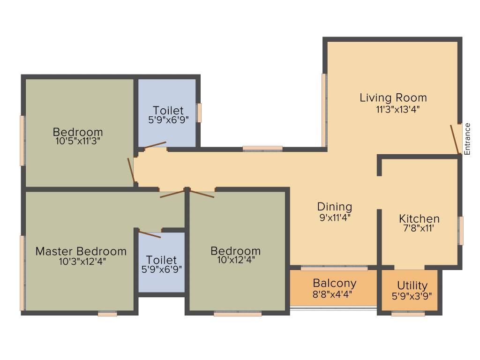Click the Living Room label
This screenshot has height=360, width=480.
(x=393, y=97)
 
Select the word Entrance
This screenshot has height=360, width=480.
(x=467, y=139)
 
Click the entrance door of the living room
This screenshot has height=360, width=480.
(x=455, y=139)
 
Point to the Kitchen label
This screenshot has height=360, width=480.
(x=419, y=218)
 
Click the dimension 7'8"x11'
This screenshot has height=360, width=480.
(x=419, y=230)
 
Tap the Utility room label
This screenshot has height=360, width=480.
(x=412, y=285)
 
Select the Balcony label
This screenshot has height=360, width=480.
(x=334, y=283)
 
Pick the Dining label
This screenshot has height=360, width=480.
(x=334, y=206)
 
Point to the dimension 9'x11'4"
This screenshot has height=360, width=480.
(x=334, y=217)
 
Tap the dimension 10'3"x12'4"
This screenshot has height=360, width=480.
(x=82, y=262)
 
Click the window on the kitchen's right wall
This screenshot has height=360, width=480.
(x=461, y=230)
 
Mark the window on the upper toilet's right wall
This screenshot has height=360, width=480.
(x=199, y=112)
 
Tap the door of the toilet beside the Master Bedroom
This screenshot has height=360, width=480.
(x=150, y=234)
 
